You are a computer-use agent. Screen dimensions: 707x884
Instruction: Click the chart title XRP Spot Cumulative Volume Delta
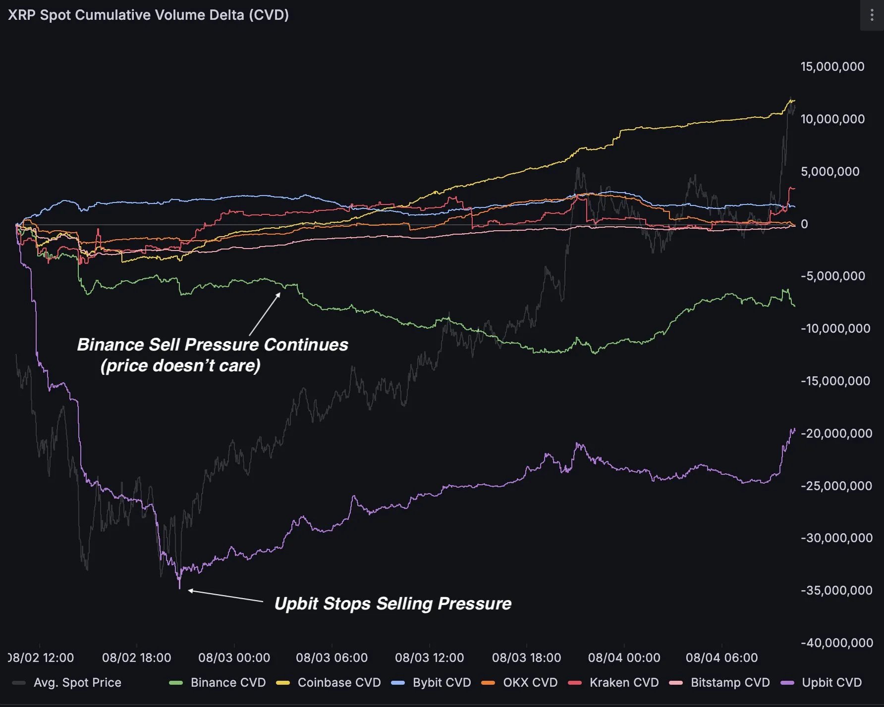click(x=148, y=15)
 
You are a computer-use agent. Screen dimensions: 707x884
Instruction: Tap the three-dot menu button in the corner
click(x=872, y=15)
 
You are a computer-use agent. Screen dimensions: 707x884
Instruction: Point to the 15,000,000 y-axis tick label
click(x=832, y=67)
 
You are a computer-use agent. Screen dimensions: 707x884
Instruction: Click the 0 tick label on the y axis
click(x=804, y=224)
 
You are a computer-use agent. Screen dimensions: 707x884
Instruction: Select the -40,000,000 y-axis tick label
click(x=836, y=643)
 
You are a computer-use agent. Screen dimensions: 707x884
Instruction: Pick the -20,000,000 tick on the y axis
click(x=836, y=433)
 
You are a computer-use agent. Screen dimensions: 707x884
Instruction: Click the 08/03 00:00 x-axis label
click(x=234, y=657)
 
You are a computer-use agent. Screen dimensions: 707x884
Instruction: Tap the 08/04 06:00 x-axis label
click(x=721, y=657)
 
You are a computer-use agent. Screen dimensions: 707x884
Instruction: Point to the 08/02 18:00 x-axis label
click(x=136, y=657)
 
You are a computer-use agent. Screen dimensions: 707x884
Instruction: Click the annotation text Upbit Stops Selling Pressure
click(x=392, y=604)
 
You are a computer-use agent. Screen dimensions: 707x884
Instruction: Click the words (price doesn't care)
click(x=180, y=365)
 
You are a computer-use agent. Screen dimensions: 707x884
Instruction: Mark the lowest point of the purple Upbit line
click(x=180, y=588)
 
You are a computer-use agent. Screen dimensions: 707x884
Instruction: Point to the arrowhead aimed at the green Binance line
click(x=278, y=295)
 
